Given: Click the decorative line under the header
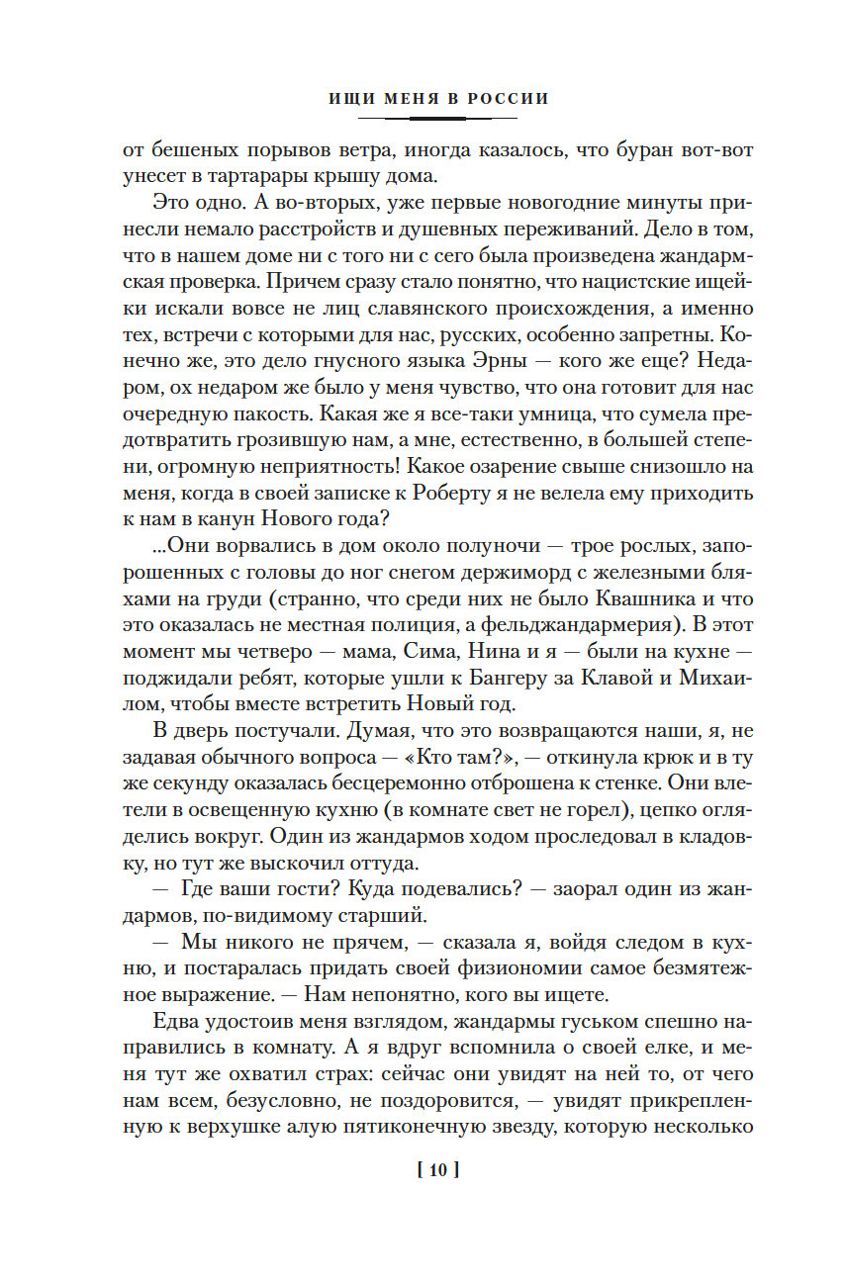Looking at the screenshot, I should tap(436, 118).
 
